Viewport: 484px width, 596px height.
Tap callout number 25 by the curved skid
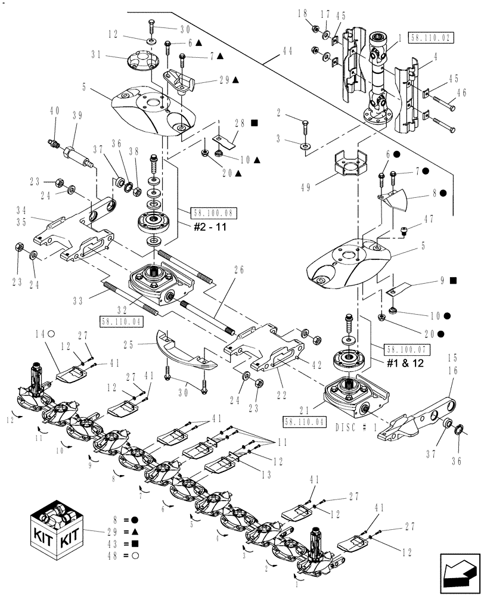tap(145, 344)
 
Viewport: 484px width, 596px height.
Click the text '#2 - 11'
tap(209, 227)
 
